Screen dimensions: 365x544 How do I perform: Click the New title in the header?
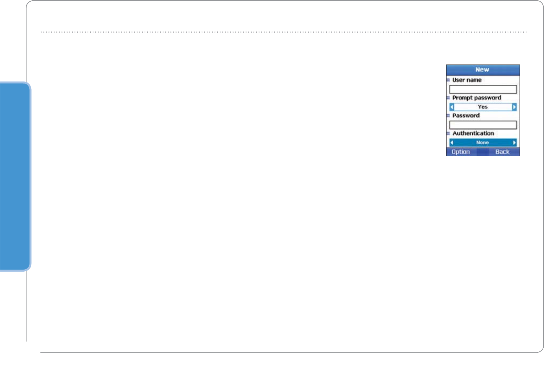482,70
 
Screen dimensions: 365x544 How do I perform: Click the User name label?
467,80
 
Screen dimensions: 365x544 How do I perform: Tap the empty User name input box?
483,89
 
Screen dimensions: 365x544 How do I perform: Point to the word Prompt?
463,98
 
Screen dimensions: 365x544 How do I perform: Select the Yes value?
483,107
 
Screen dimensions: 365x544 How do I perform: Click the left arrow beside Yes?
452,107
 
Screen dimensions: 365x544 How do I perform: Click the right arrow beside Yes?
514,107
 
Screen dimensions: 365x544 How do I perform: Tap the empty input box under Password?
483,125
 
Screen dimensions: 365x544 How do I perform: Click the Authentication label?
473,133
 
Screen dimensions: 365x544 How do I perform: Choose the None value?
483,143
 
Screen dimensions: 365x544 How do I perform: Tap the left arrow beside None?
452,143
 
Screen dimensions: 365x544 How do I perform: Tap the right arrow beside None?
514,143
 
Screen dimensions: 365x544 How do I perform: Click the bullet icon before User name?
448,80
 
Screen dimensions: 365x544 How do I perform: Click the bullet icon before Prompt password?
448,98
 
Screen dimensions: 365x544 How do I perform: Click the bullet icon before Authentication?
448,133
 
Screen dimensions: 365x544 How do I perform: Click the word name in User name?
474,80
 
